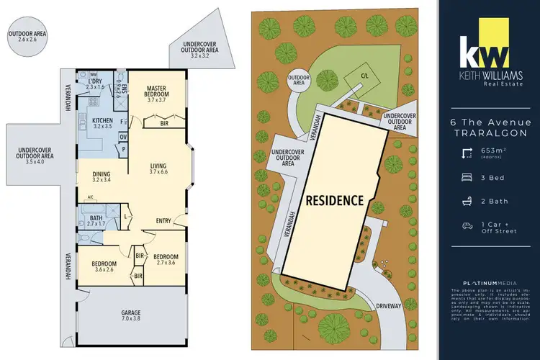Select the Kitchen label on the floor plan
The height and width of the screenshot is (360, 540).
coord(102,121)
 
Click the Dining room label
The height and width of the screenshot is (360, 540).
coord(101,173)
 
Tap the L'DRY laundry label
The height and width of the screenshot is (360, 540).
coord(96,81)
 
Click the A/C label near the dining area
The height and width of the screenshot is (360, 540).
coord(91,197)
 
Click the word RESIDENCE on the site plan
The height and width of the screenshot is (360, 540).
coord(336,200)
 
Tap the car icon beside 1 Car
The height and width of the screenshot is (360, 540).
coord(467,225)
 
